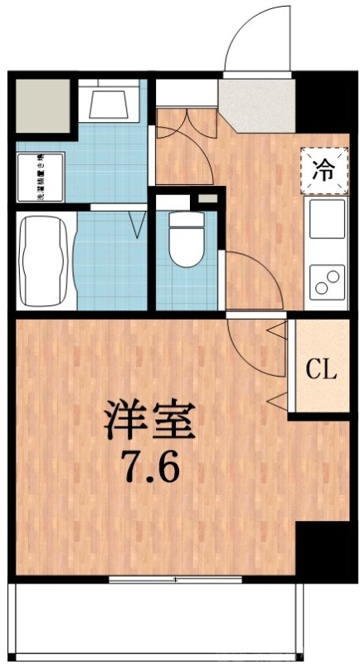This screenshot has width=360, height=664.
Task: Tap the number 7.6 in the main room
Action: (150, 469)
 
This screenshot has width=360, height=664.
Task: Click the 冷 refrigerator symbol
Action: (324, 171)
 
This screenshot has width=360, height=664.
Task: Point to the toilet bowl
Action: (184, 242)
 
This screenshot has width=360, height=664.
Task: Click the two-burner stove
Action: (326, 281)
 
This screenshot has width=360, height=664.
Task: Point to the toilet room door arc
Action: (249, 278)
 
